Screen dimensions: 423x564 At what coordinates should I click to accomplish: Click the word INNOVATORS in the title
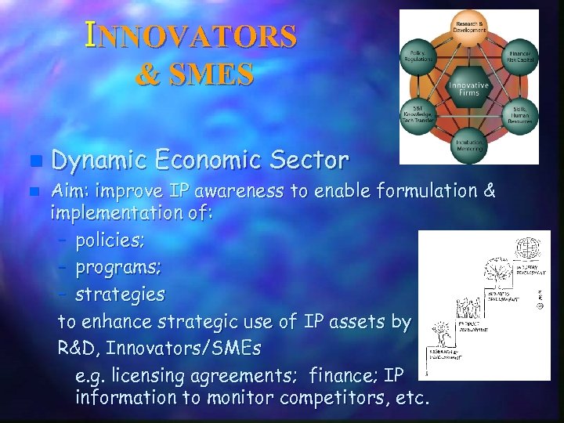click(192, 36)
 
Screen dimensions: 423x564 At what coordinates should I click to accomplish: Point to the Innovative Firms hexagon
click(468, 89)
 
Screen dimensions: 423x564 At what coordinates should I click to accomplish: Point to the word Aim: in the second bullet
click(70, 190)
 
